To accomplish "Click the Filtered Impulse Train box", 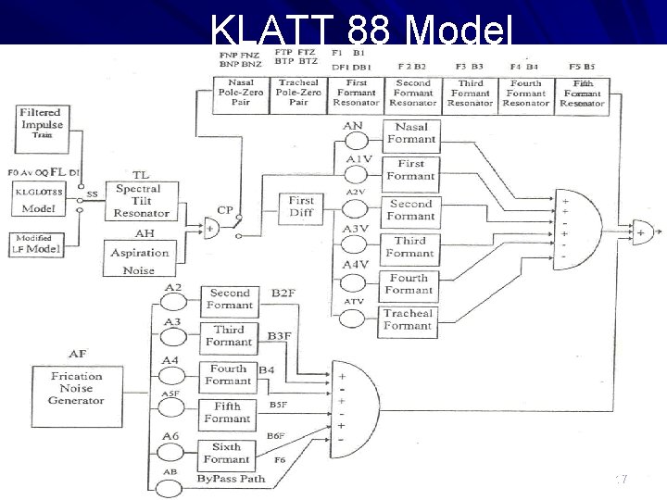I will tap(42, 123).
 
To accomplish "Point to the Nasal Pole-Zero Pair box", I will tap(241, 93).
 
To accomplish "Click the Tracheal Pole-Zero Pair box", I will tap(298, 93).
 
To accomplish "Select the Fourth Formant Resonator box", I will tap(525, 93).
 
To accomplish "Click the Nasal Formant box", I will tap(410, 133).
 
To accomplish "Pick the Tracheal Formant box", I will tap(408, 319).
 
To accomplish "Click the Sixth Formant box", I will tap(227, 453).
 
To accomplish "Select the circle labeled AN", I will tap(353, 140).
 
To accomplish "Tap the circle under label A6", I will tap(171, 452).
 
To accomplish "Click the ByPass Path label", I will tap(231, 479).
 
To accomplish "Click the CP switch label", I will tap(225, 210).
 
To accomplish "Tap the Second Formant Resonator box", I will tap(412, 93).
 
